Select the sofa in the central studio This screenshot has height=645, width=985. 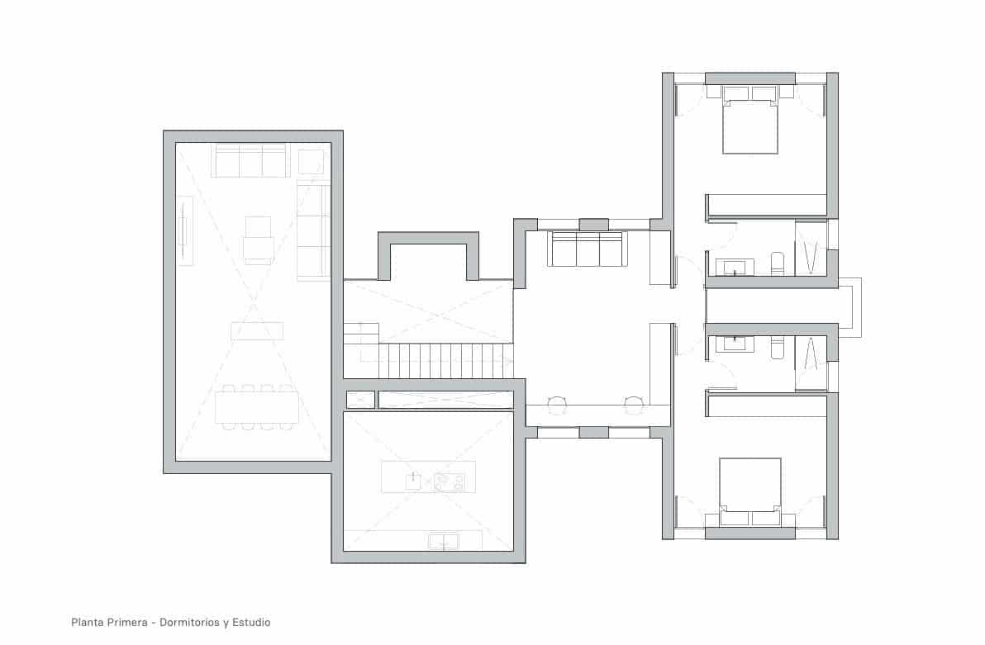[588, 249]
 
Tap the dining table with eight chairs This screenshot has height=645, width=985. [256, 407]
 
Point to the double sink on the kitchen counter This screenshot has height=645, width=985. [444, 542]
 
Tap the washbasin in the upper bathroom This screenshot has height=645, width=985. [735, 267]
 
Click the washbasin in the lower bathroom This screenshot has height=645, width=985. [735, 344]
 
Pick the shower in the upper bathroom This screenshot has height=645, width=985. [811, 248]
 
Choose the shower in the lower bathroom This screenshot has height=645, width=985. [811, 363]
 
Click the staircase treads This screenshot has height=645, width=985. [446, 360]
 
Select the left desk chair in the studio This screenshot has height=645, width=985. [556, 405]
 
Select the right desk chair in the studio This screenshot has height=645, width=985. [634, 405]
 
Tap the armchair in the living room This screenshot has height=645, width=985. [258, 240]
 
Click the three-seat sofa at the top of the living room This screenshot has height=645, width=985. [250, 161]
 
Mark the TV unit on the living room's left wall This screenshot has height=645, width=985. [185, 230]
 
